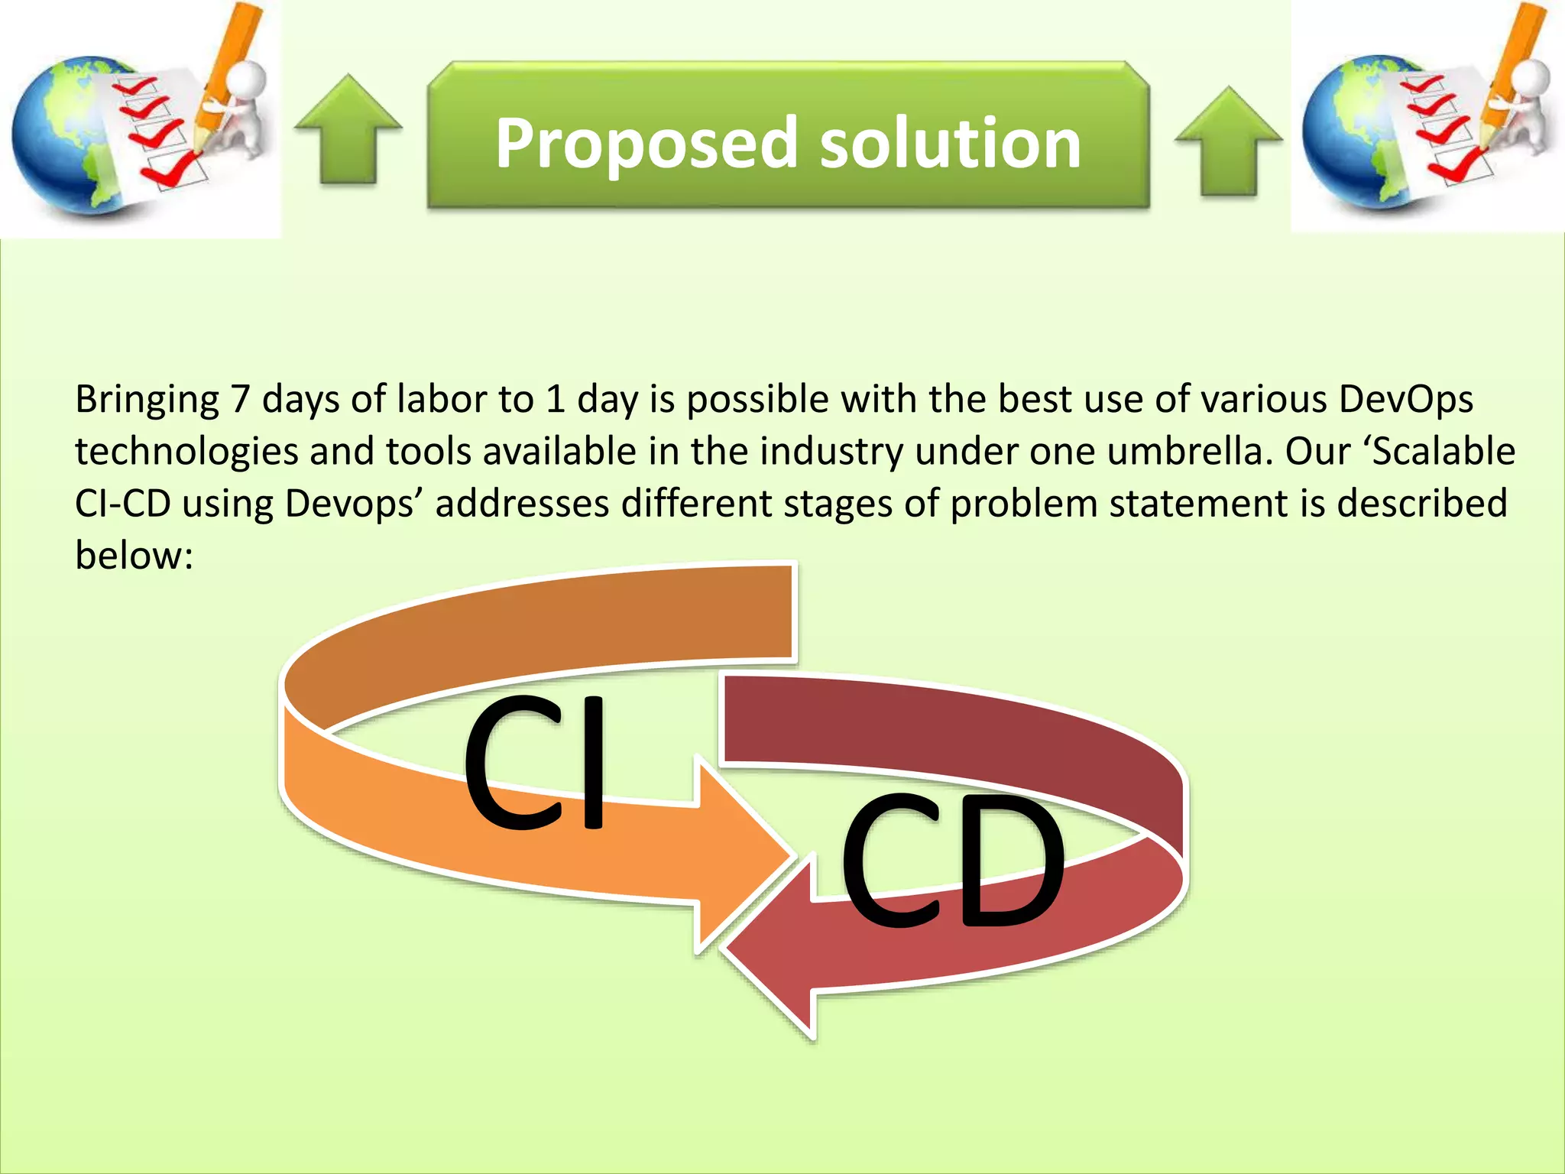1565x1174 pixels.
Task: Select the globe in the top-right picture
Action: tap(1353, 134)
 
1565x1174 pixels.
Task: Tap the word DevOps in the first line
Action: tap(1405, 399)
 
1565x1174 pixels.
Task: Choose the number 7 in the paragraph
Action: tap(241, 399)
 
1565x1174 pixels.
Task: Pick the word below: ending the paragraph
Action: tap(134, 555)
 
